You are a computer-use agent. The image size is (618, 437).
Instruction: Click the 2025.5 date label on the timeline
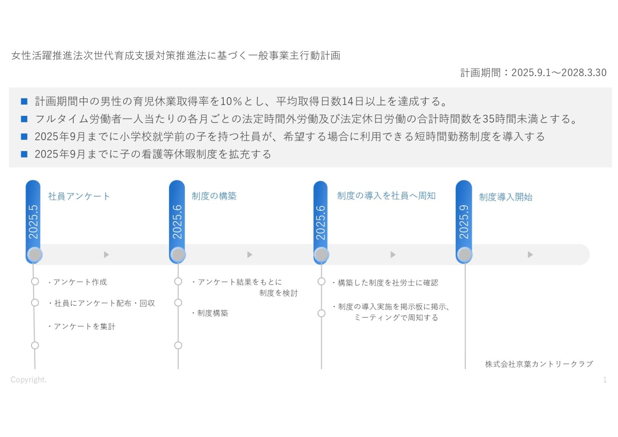coord(33,222)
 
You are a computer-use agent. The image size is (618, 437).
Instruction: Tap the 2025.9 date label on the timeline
coord(464,222)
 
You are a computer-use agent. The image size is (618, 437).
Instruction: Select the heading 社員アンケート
coord(79,196)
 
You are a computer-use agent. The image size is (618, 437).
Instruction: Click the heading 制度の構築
coord(214,196)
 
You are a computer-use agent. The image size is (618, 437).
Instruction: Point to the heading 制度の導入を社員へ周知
coord(386,196)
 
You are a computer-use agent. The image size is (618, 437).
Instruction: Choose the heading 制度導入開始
coord(506,197)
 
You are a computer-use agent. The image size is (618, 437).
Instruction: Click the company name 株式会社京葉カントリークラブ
coord(539,364)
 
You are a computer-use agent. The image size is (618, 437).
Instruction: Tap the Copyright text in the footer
coord(29,380)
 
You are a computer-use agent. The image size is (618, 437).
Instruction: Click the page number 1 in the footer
coord(605,380)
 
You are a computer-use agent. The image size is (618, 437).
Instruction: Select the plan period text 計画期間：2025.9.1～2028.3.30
coord(533,73)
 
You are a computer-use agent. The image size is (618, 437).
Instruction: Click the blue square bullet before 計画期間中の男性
coord(24,101)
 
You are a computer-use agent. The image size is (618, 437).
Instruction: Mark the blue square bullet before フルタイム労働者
coord(24,119)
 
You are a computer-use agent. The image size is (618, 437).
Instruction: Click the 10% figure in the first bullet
coord(231,101)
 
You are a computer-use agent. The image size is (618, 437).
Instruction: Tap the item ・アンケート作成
coord(77,282)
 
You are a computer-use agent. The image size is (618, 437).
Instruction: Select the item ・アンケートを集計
coord(81,326)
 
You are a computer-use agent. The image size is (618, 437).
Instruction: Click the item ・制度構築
coord(210,313)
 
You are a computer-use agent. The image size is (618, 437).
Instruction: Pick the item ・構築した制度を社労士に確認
coord(385,283)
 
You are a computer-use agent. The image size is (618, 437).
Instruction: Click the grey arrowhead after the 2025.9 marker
coord(530,255)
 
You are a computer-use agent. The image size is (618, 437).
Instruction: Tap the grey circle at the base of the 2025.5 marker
coord(35,255)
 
